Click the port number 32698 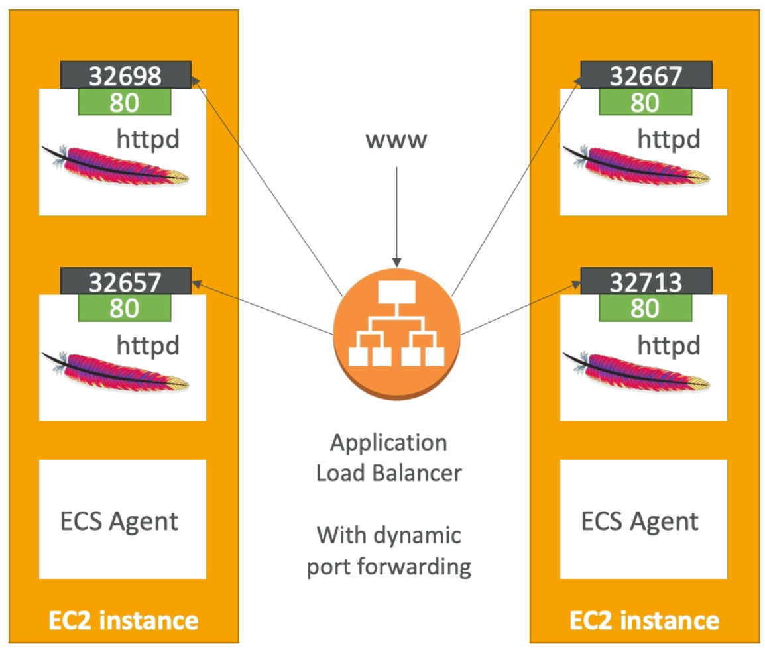point(125,76)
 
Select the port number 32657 point(125,282)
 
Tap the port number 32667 point(646,76)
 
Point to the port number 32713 point(646,282)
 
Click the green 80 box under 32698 point(125,103)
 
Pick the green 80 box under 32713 point(645,308)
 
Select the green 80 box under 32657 point(125,308)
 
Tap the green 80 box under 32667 point(645,103)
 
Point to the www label point(397,140)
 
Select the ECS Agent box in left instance point(122,519)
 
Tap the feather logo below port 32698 point(116,164)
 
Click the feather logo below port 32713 point(637,370)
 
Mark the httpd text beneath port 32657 point(147,345)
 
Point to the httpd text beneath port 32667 point(668,139)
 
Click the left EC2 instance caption point(123,621)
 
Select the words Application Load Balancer point(388,458)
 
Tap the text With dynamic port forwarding point(388,551)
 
